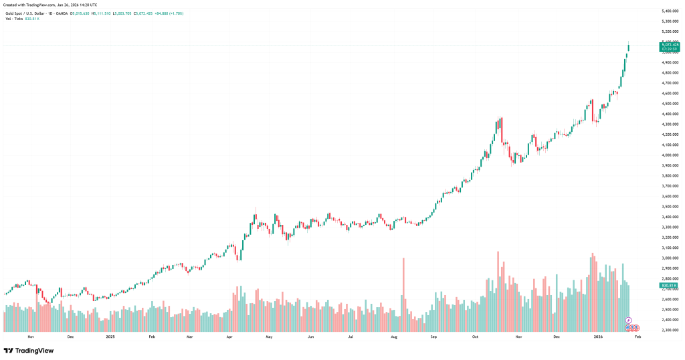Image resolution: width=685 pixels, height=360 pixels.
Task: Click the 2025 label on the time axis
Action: point(111,337)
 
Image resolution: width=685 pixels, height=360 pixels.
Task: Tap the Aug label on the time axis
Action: point(393,337)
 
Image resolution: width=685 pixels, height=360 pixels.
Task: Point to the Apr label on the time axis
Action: point(229,337)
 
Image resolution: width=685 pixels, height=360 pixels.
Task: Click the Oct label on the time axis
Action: point(475,337)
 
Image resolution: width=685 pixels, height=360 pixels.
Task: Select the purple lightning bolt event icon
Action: point(628,321)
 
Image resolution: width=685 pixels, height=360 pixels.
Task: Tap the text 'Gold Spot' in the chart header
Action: point(14,13)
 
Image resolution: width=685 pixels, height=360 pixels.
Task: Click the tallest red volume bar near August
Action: point(403,294)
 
